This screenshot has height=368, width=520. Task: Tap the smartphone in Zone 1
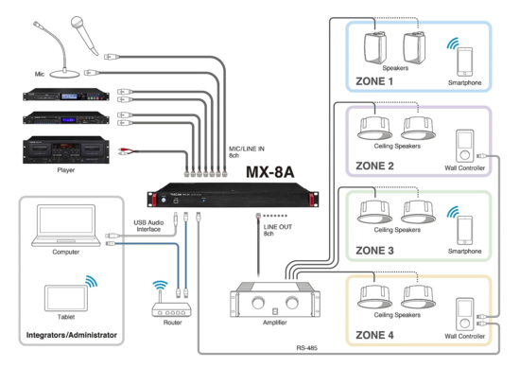coord(463,62)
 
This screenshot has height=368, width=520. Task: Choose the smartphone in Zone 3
coord(463,231)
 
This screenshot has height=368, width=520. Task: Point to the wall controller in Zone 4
coord(463,316)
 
